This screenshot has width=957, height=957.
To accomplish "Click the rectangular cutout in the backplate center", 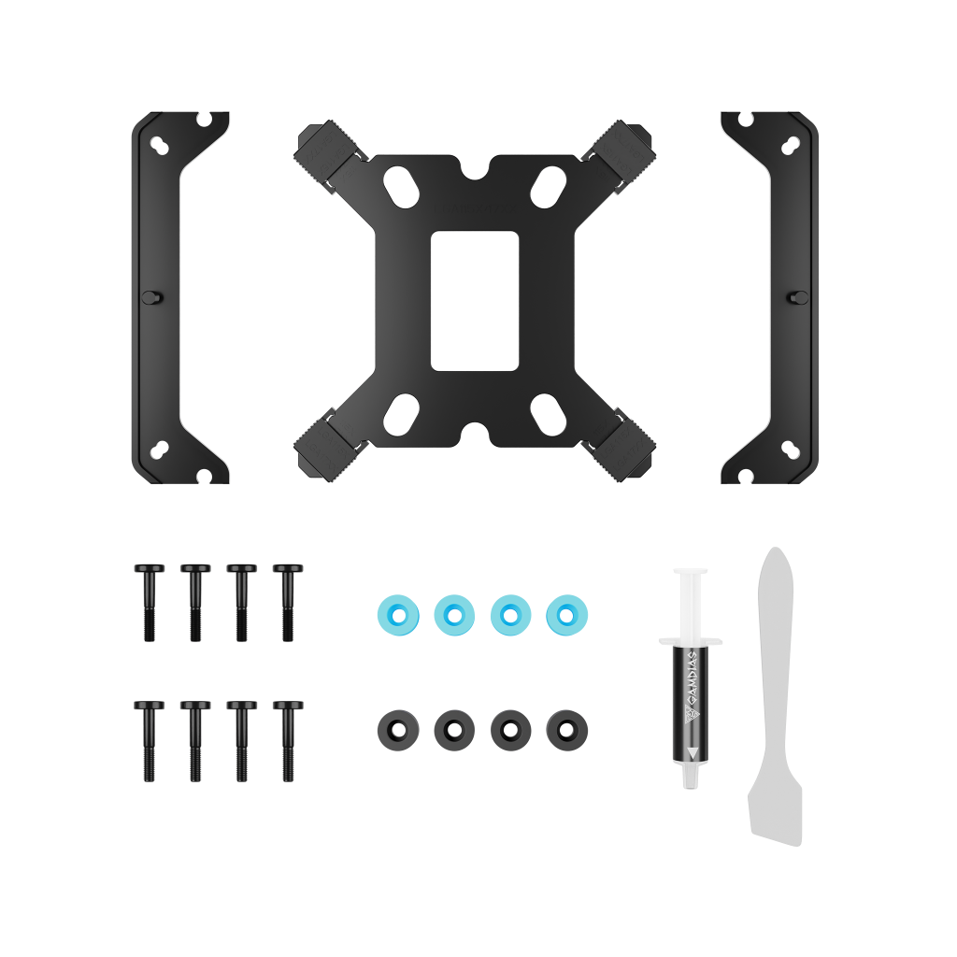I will coord(474,301).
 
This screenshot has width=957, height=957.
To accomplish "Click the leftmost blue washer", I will coord(397,614).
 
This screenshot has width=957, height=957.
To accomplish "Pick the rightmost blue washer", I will coord(566,614).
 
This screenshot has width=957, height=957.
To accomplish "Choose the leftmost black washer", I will coord(397,727).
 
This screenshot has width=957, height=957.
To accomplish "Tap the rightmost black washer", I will coord(566,727).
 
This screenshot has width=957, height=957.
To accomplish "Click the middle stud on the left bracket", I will coord(149,296).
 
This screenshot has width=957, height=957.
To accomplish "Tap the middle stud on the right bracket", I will coord(800,296).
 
